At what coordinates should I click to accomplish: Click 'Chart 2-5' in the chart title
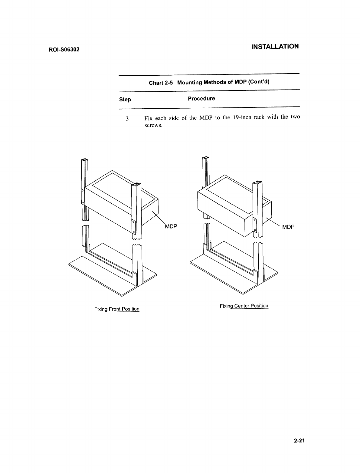coord(161,83)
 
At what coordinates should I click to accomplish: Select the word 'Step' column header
coord(125,100)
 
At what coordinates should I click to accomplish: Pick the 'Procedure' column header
coord(201,99)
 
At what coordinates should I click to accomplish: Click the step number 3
coord(127,119)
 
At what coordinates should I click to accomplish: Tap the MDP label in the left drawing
coord(171,226)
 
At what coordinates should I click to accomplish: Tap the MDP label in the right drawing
coord(288,227)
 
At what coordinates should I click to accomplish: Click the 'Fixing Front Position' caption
coord(117,309)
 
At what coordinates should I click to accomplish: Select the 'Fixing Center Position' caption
coord(244,306)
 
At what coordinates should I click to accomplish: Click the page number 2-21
coord(299,441)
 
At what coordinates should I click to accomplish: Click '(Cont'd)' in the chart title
coord(259,82)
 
